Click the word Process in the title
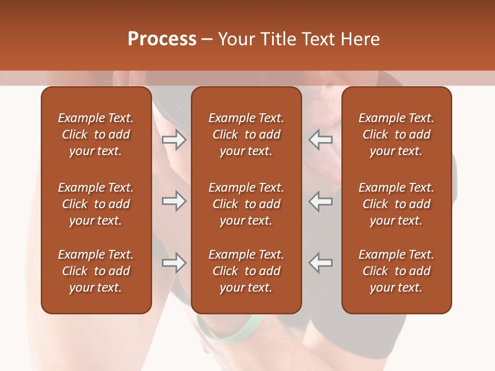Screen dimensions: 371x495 click(x=162, y=39)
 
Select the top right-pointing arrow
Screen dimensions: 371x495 click(x=174, y=140)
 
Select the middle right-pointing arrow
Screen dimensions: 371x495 click(x=174, y=201)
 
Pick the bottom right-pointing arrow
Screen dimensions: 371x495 click(x=174, y=263)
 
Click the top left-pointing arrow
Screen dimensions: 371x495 click(x=321, y=140)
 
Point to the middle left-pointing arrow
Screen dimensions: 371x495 click(x=321, y=201)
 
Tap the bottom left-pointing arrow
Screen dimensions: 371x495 click(x=321, y=263)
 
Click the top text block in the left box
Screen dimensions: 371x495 click(x=96, y=134)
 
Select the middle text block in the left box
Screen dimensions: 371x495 click(x=96, y=204)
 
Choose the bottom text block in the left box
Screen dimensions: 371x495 click(x=96, y=271)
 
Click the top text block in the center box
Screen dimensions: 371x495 click(x=246, y=134)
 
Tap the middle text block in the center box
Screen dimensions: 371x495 click(x=246, y=204)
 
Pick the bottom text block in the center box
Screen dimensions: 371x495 click(x=246, y=271)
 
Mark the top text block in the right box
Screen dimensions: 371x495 click(x=397, y=134)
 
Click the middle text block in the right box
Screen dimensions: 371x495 click(x=397, y=204)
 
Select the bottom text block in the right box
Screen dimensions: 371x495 click(x=397, y=271)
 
